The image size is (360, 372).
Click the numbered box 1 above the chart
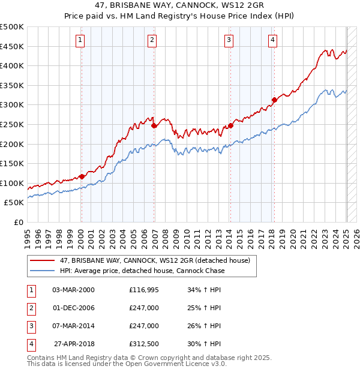(80, 40)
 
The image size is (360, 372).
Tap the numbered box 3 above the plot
(229, 40)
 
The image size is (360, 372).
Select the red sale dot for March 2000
(82, 176)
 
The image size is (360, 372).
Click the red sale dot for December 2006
(154, 125)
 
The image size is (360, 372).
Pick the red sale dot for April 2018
(274, 100)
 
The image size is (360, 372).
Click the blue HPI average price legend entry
(142, 271)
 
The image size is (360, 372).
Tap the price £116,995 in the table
(144, 290)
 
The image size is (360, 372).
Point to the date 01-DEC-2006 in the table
(73, 308)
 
